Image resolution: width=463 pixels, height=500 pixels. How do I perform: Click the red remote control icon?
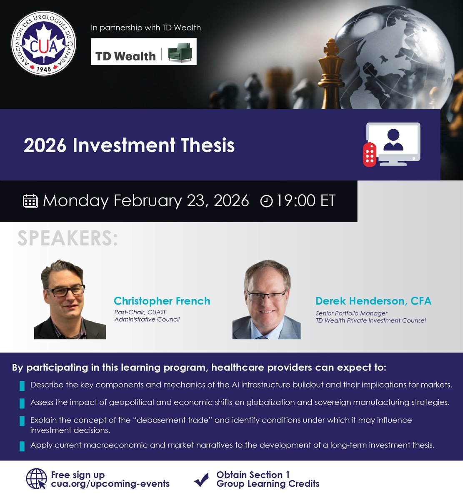click(369, 154)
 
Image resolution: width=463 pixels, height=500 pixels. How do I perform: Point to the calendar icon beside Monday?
click(30, 201)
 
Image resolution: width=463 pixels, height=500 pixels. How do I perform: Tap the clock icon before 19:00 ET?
click(266, 201)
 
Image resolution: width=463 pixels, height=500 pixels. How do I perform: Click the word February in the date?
click(148, 201)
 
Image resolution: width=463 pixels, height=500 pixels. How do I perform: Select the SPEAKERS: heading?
click(68, 239)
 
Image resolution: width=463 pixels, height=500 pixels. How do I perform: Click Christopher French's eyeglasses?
click(66, 290)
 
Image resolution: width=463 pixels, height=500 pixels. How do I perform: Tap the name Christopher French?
click(162, 301)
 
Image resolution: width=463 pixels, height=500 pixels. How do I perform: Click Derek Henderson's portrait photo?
click(266, 300)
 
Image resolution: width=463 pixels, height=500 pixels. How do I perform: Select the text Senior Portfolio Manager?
click(351, 313)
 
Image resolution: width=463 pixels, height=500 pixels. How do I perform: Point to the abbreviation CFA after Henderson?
click(421, 301)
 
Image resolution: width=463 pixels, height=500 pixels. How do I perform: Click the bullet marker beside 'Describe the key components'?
click(22, 386)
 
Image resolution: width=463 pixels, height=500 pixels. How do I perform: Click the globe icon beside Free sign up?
click(36, 479)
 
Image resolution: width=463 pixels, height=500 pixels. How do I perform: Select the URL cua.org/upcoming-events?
click(110, 484)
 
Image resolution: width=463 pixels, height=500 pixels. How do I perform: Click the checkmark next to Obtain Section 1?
click(202, 480)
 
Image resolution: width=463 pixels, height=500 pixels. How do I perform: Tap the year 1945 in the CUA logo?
click(44, 69)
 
